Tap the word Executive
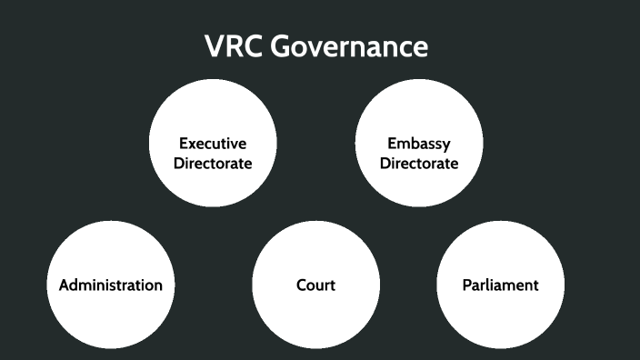(213, 144)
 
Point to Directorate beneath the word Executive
(213, 164)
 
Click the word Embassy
(419, 144)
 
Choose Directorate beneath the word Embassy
(419, 164)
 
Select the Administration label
(111, 285)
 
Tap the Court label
(315, 285)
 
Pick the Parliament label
(500, 285)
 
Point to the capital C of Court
(302, 285)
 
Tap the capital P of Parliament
(466, 285)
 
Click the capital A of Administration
(65, 285)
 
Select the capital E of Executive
(184, 144)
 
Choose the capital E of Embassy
(392, 144)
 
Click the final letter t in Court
(332, 285)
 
